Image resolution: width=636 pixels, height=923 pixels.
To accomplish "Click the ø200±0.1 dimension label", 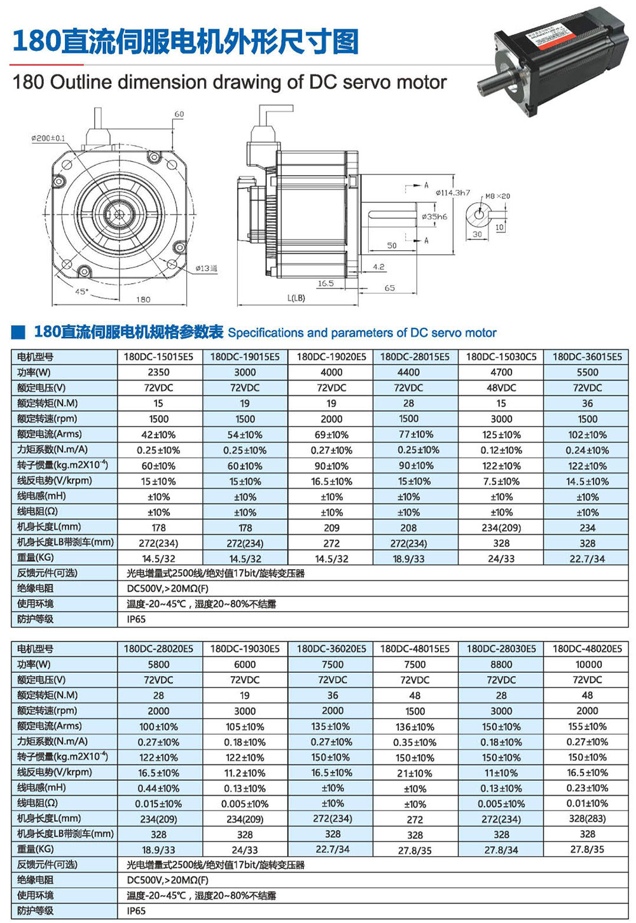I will click(48, 138).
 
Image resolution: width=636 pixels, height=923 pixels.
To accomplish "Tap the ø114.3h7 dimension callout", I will click(453, 192).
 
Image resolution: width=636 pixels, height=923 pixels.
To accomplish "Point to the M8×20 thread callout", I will click(497, 196).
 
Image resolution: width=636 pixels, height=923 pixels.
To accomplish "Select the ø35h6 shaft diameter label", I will click(434, 216).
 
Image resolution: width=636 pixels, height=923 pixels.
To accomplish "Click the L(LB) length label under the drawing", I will click(296, 297).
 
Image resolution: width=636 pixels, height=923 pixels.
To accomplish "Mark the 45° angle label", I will click(81, 292).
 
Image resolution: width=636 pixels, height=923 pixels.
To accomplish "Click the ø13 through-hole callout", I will click(206, 269).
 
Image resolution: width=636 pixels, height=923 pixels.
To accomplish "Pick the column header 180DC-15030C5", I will click(501, 356).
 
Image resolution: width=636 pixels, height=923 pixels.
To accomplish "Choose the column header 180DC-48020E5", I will click(587, 649).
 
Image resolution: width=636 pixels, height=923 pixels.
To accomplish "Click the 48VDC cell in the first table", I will click(501, 388).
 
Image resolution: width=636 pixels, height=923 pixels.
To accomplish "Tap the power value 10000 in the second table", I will click(587, 664).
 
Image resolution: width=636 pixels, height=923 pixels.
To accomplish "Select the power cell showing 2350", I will click(158, 372).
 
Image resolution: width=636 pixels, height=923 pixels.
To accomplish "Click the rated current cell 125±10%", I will click(501, 435).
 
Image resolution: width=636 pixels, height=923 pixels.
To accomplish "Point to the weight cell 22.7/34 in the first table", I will click(587, 558).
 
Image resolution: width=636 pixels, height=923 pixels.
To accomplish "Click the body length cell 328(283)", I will click(587, 819).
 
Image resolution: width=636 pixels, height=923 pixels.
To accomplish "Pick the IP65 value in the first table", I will click(136, 619).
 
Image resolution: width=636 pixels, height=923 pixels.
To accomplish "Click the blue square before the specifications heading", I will click(19, 332).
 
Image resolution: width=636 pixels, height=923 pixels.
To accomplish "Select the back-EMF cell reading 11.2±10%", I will click(245, 773).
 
